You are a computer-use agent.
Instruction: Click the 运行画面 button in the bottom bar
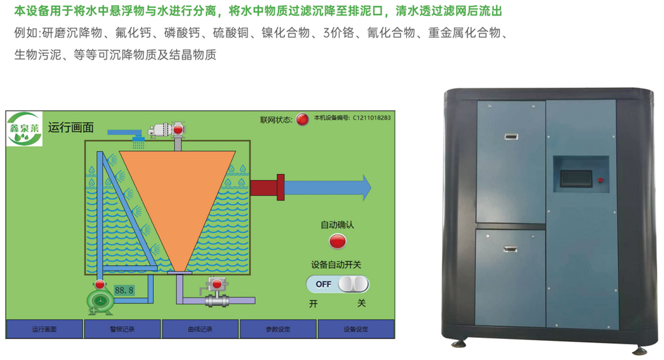(44, 329)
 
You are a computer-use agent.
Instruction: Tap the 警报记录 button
(122, 329)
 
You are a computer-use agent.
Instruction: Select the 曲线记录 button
(200, 329)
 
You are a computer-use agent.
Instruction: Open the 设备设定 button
(356, 329)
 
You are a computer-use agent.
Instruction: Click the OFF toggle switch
(338, 284)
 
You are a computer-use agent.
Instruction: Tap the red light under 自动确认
(338, 241)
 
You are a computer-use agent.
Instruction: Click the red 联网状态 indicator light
(302, 119)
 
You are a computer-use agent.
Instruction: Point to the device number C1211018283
(372, 118)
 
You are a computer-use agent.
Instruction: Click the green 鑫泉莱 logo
(24, 129)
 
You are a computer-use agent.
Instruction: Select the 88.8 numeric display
(124, 290)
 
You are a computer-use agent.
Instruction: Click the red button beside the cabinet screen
(600, 179)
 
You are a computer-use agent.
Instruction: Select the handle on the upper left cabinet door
(511, 135)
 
